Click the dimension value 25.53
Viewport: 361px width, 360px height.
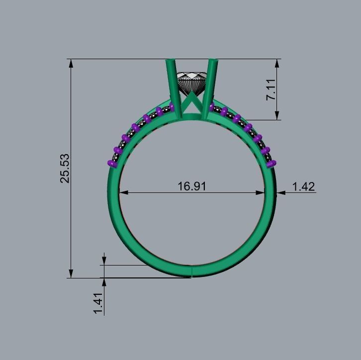click(65, 168)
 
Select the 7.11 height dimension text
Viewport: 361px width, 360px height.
click(271, 90)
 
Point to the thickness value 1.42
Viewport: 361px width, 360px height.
click(303, 186)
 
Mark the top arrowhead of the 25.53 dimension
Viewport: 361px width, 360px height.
click(71, 64)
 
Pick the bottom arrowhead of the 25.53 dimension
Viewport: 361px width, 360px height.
click(71, 273)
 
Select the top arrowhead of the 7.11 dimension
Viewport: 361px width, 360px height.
click(276, 64)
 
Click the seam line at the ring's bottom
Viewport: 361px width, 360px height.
click(191, 271)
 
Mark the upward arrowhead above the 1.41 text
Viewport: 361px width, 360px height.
click(104, 282)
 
